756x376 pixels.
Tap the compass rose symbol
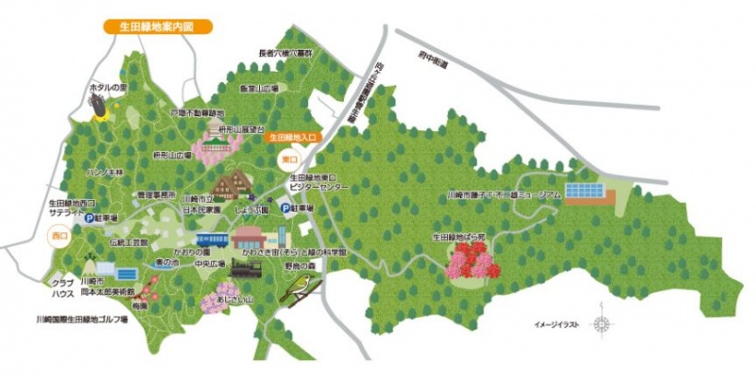click(601, 324)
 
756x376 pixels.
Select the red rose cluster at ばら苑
click(472, 259)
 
